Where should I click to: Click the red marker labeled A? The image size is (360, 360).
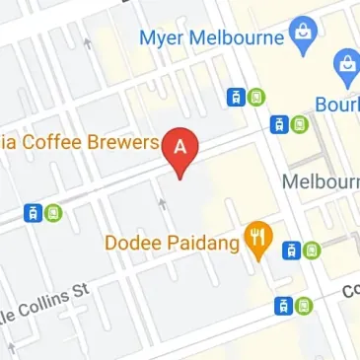180,148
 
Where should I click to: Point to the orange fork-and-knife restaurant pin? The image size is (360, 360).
258,238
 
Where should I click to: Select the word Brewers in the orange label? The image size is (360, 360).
124,145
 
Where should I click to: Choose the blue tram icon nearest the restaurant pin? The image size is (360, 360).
291,251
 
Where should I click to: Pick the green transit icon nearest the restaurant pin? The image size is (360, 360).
311,251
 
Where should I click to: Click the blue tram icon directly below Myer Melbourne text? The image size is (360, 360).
236,97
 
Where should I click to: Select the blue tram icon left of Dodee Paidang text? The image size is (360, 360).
33,212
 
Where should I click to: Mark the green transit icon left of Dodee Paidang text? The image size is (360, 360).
51,212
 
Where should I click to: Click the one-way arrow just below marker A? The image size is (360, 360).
162,202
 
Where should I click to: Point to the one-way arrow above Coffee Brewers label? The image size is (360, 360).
88,43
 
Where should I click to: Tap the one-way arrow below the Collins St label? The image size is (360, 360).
13,347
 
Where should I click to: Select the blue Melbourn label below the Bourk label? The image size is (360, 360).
320,182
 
